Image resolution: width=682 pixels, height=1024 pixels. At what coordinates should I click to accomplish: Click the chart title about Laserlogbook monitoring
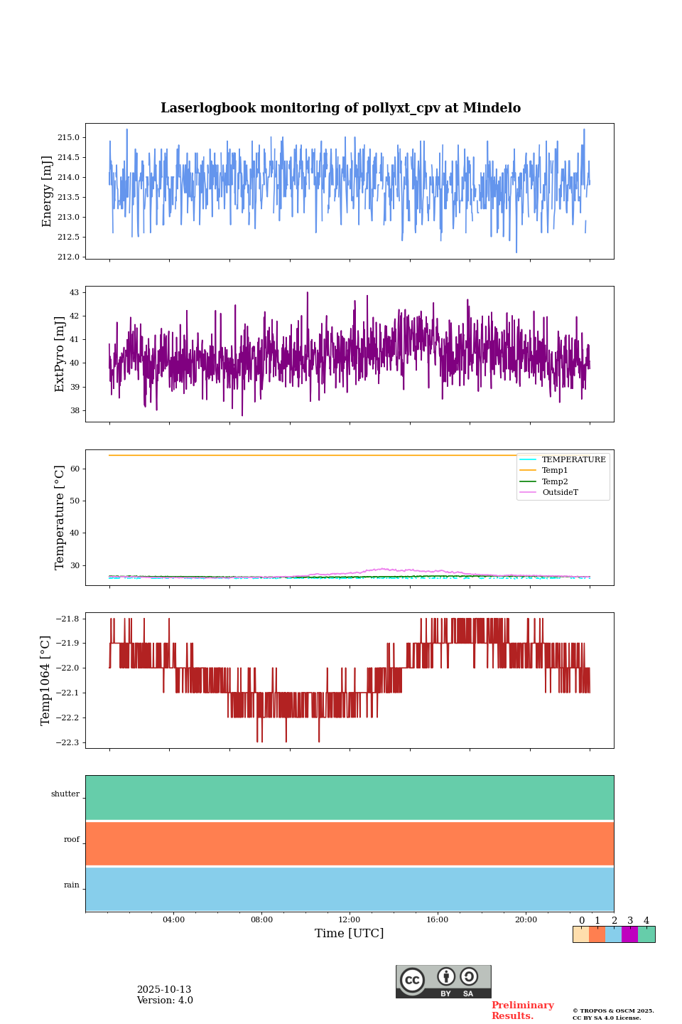pos(340,108)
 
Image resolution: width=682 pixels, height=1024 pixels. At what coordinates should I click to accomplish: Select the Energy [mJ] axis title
pos(47,191)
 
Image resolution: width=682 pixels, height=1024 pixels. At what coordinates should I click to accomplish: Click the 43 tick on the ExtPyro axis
pos(75,292)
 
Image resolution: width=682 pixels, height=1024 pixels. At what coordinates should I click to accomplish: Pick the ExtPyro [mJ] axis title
pos(60,354)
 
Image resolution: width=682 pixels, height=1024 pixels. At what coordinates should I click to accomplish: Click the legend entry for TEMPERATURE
pos(573,460)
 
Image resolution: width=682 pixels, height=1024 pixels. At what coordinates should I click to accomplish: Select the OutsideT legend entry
pos(560,493)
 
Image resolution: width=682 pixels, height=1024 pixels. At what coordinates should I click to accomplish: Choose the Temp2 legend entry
pos(555,482)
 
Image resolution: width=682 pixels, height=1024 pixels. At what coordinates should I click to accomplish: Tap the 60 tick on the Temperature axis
pos(75,469)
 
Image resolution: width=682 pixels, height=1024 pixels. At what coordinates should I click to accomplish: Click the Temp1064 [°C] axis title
pos(46,681)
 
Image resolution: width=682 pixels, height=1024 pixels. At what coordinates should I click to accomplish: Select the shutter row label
pos(65,794)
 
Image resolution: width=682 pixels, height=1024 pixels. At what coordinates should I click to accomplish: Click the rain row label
pos(72,885)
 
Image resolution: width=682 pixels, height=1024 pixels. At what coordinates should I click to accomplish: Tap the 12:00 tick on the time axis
pos(350,920)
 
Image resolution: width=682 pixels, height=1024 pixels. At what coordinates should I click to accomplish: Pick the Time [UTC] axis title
pos(350,934)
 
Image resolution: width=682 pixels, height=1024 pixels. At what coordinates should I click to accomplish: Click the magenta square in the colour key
pos(629,934)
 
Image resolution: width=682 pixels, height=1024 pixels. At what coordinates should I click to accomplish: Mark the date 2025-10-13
pos(164,990)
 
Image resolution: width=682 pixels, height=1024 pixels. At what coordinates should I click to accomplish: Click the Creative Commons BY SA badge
pos(443,981)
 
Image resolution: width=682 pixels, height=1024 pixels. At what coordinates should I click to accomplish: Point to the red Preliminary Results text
pos(522,1010)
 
